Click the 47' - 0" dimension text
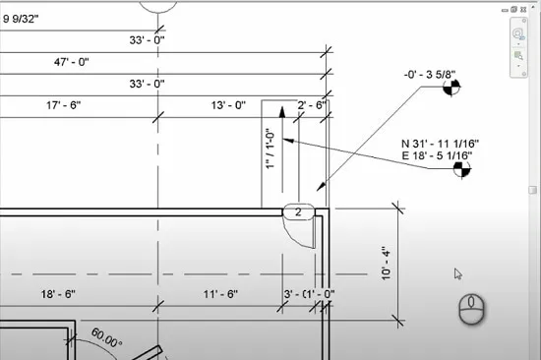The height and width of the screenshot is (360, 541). (72, 62)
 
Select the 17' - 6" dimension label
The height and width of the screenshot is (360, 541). (64, 105)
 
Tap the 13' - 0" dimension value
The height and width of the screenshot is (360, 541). (228, 105)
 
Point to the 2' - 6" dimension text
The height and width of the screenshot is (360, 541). (312, 105)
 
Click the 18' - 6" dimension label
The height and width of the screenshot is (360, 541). (58, 294)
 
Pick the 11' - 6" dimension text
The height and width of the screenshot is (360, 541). (220, 294)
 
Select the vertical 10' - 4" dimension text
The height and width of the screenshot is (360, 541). (387, 264)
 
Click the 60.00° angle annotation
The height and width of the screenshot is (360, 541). (106, 337)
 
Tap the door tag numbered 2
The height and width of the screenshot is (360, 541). (298, 211)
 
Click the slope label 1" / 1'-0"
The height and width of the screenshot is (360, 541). (270, 149)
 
